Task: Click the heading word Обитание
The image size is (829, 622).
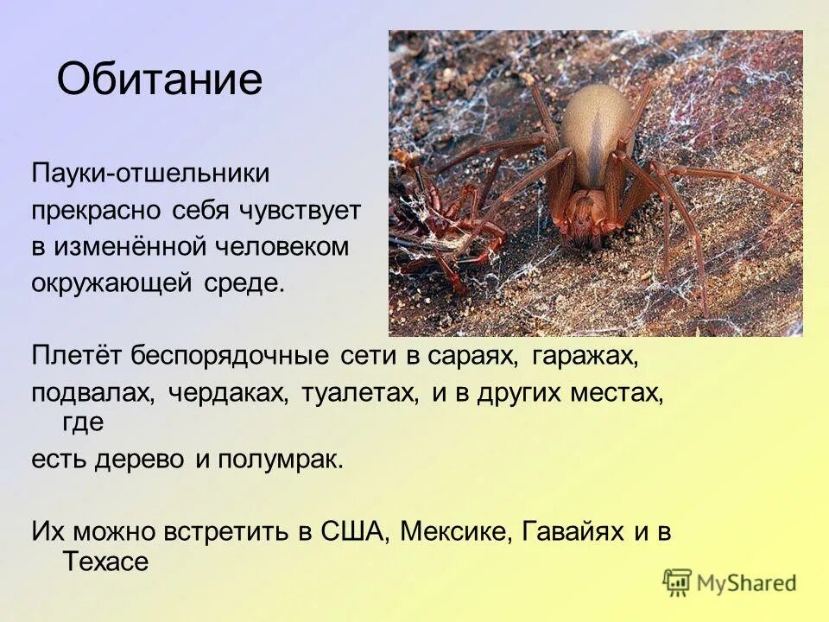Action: pyautogui.click(x=159, y=80)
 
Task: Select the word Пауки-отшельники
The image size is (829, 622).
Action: pyautogui.click(x=150, y=173)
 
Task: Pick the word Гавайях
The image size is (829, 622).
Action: pyautogui.click(x=573, y=531)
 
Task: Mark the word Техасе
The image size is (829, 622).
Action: pyautogui.click(x=106, y=562)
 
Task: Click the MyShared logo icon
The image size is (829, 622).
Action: pyautogui.click(x=678, y=582)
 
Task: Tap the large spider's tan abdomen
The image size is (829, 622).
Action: pyautogui.click(x=597, y=130)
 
